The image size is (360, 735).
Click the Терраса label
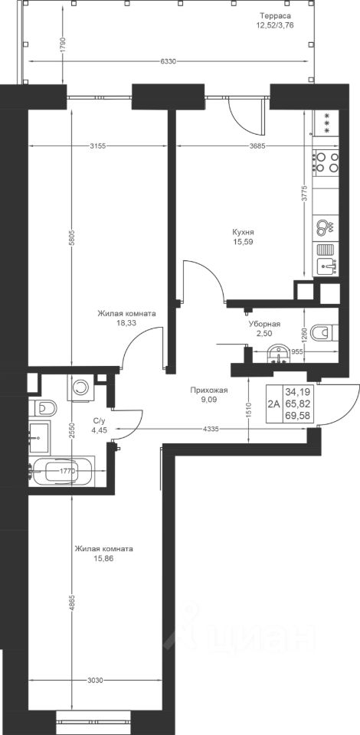point(275,15)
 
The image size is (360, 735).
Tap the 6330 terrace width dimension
point(168,61)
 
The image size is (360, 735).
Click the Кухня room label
point(243,233)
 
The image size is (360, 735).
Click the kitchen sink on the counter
point(327,266)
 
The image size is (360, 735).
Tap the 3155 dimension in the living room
point(97,145)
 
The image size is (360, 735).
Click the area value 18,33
point(126,322)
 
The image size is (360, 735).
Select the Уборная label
point(264,324)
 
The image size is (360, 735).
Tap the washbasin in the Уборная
point(279,354)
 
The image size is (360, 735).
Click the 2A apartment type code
point(273,403)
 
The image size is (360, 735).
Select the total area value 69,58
point(300,415)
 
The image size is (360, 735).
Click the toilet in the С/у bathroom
point(42,408)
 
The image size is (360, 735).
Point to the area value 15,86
point(103,558)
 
